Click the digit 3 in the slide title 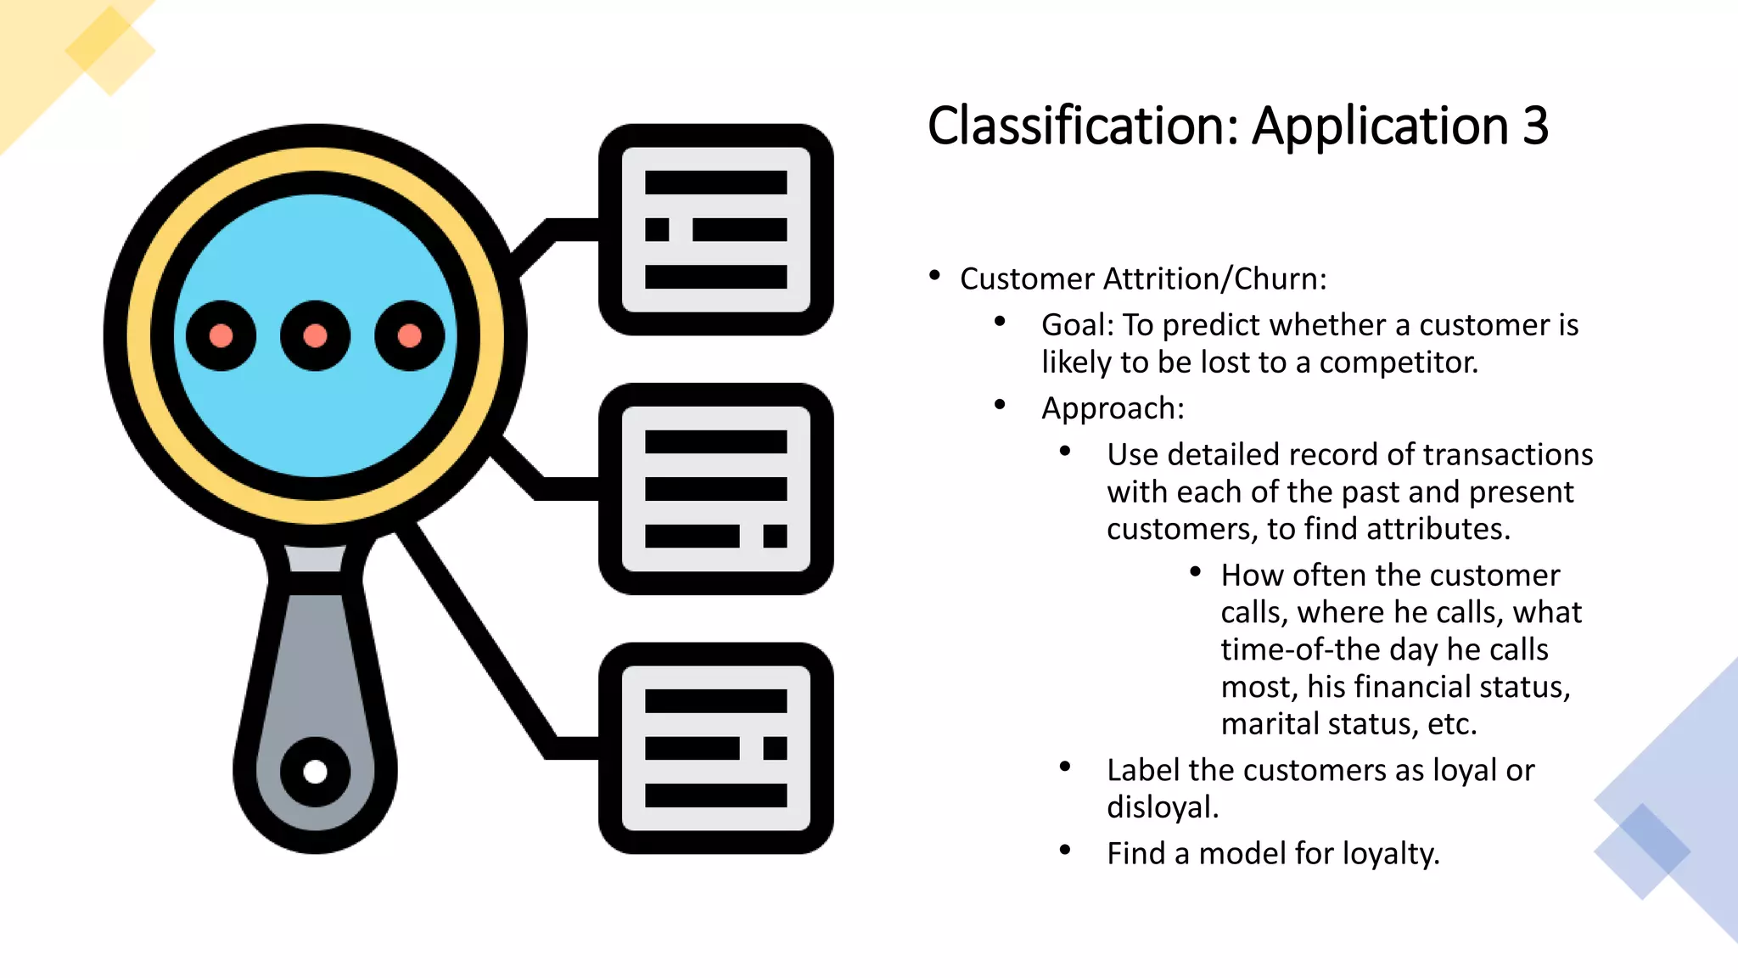(x=1535, y=126)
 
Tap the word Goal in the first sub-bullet (x=1077, y=325)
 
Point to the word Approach (x=1112, y=408)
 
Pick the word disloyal (x=1162, y=807)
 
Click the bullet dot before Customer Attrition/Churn (x=934, y=275)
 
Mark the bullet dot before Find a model (x=1065, y=849)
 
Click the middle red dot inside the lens (x=315, y=335)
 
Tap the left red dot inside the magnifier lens (x=221, y=335)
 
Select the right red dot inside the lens (x=409, y=335)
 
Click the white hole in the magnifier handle (x=315, y=772)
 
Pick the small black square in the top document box (x=657, y=229)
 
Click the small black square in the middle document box (x=775, y=536)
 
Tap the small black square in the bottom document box (x=775, y=748)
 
